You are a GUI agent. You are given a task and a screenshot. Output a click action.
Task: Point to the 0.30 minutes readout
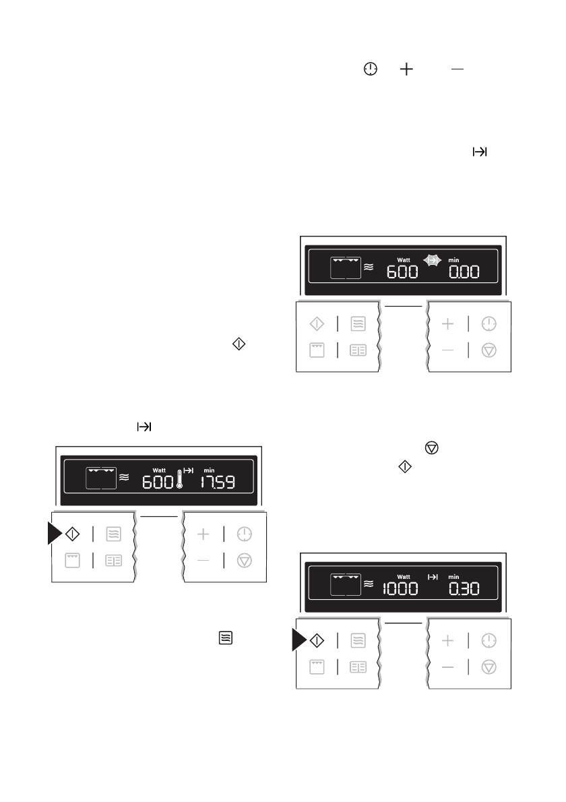pyautogui.click(x=464, y=588)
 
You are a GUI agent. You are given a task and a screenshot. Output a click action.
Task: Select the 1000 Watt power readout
pyautogui.click(x=400, y=588)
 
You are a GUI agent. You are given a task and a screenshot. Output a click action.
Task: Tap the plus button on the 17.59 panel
pyautogui.click(x=203, y=534)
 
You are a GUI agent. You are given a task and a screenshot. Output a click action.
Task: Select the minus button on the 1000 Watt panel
pyautogui.click(x=448, y=667)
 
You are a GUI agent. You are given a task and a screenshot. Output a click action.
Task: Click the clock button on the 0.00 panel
pyautogui.click(x=489, y=324)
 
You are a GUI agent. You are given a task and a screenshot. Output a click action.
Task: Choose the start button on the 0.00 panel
pyautogui.click(x=316, y=324)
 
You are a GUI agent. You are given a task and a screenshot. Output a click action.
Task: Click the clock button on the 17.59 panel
pyautogui.click(x=245, y=534)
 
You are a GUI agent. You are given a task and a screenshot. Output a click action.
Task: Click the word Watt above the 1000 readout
pyautogui.click(x=404, y=577)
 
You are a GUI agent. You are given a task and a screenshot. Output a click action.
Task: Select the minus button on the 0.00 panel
pyautogui.click(x=448, y=351)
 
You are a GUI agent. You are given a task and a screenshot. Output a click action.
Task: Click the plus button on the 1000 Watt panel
pyautogui.click(x=448, y=640)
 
